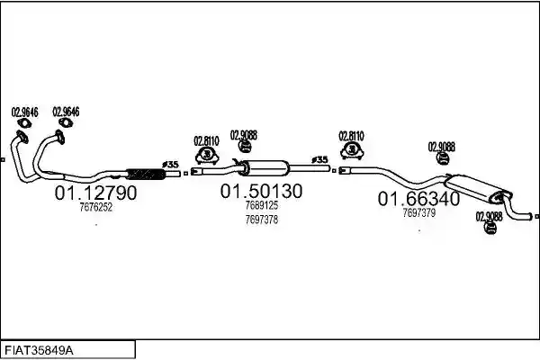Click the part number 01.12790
(x=95, y=193)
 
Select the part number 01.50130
(x=261, y=191)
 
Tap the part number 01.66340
(x=418, y=199)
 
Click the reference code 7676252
(x=96, y=207)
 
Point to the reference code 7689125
(x=262, y=205)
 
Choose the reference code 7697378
(x=262, y=220)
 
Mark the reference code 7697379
(x=419, y=213)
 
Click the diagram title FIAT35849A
(x=39, y=351)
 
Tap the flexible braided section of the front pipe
(x=146, y=175)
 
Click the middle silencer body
(x=264, y=167)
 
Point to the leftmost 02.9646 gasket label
(x=25, y=112)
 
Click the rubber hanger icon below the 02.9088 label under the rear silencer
(x=490, y=228)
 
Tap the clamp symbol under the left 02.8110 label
(x=207, y=156)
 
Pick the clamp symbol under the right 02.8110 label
(x=352, y=150)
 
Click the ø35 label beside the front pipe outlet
(x=170, y=165)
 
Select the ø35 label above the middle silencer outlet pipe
(x=319, y=160)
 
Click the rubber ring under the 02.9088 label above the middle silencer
(x=244, y=147)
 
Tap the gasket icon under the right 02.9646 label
(x=66, y=122)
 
